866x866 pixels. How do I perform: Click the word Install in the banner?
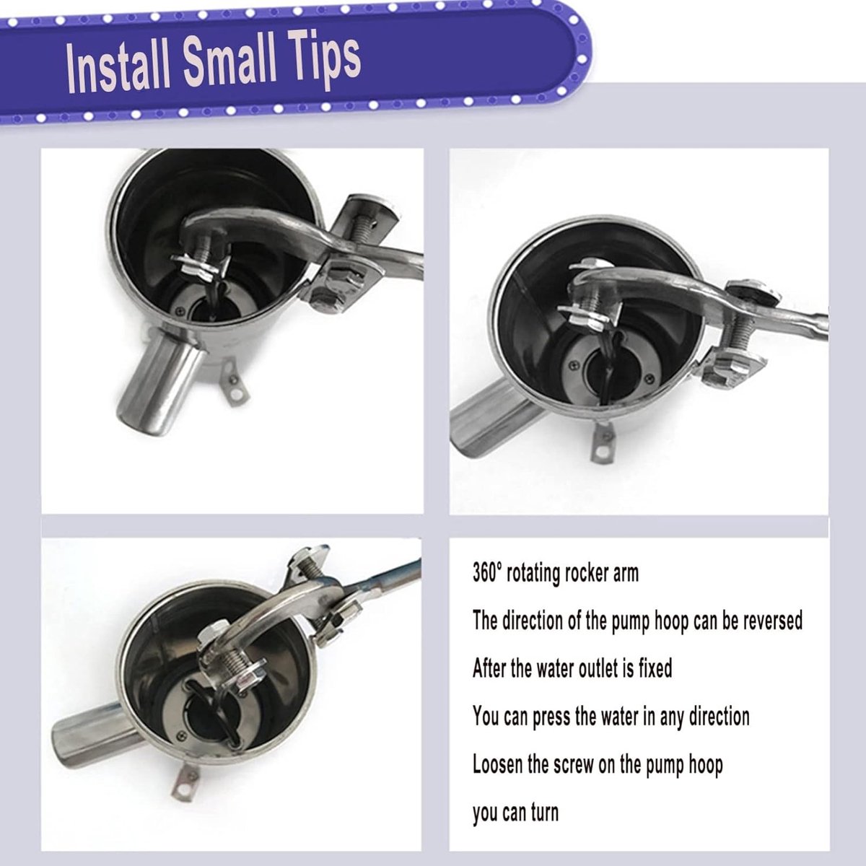coord(120,66)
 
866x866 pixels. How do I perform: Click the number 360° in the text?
coord(486,573)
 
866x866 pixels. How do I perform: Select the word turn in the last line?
coord(544,813)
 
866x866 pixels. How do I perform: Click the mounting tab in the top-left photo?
coord(235,382)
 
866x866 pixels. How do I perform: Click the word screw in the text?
coord(572,764)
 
